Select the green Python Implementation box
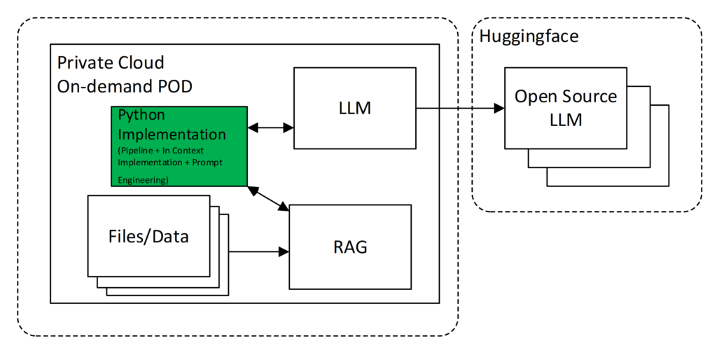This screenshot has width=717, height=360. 179,146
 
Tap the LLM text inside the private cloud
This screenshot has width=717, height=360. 354,108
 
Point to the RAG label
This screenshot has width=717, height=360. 350,247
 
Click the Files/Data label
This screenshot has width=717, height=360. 148,236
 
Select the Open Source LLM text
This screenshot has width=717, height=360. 566,107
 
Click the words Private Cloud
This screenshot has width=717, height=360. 111,63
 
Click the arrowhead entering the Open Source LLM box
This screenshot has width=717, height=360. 499,108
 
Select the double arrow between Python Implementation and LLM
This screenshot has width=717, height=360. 271,127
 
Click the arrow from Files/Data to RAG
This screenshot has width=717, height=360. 255,251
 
